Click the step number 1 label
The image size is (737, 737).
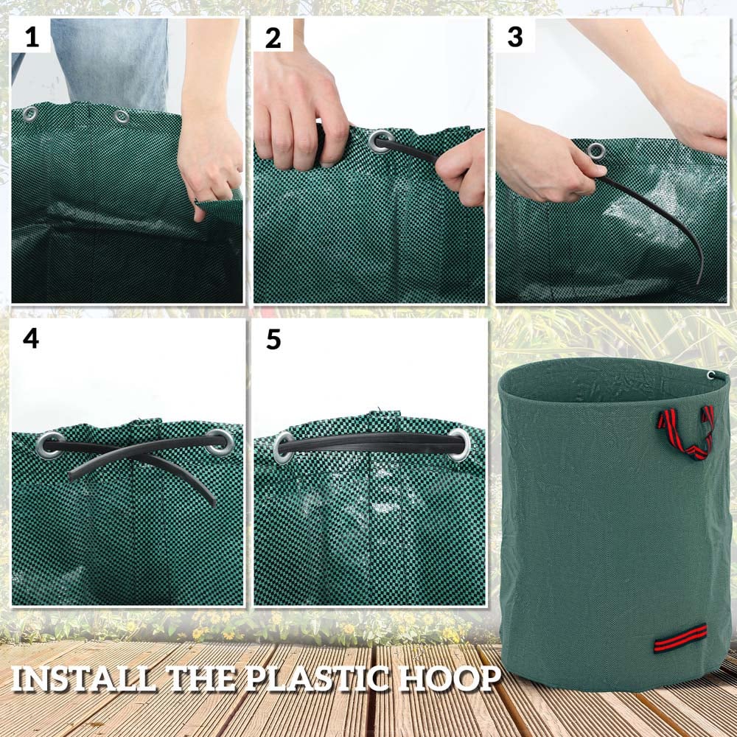32,37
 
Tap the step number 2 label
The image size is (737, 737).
273,38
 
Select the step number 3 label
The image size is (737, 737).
514,37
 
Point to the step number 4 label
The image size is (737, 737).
31,338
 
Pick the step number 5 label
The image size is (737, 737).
273,339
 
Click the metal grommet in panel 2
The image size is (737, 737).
381,141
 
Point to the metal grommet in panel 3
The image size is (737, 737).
595,152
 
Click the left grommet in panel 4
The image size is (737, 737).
49,444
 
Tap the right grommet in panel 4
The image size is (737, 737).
219,442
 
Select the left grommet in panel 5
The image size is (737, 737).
283,447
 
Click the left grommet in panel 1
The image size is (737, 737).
30,113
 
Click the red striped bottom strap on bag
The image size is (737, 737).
680,638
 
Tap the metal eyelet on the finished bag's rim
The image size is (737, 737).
710,375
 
